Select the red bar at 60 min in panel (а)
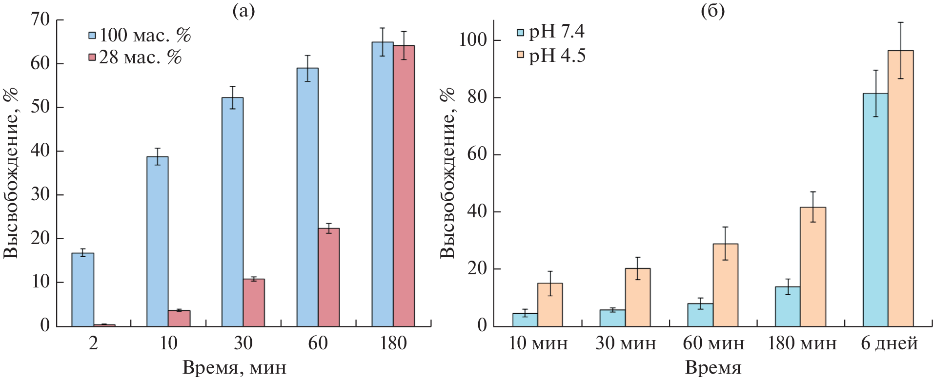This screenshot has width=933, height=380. pyautogui.click(x=328, y=277)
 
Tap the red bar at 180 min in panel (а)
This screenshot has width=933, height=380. pyautogui.click(x=404, y=186)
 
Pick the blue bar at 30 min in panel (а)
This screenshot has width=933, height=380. pyautogui.click(x=232, y=212)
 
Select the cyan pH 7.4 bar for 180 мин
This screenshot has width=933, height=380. pyautogui.click(x=788, y=306)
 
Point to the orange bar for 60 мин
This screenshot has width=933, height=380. pyautogui.click(x=725, y=285)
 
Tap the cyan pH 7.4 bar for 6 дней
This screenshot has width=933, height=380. pyautogui.click(x=875, y=209)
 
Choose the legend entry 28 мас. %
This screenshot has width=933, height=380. pyautogui.click(x=135, y=57)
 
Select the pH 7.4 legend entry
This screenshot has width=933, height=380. pyautogui.click(x=551, y=32)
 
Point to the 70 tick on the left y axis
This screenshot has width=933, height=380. pyautogui.click(x=41, y=20)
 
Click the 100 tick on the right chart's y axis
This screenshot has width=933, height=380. pyautogui.click(x=473, y=40)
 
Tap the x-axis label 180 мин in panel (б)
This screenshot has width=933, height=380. pyautogui.click(x=802, y=343)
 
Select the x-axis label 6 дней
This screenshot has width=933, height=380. pyautogui.click(x=889, y=343)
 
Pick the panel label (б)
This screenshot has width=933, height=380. pyautogui.click(x=713, y=10)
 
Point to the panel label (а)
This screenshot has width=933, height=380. pyautogui.click(x=243, y=10)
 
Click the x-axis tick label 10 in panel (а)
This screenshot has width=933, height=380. pyautogui.click(x=168, y=343)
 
